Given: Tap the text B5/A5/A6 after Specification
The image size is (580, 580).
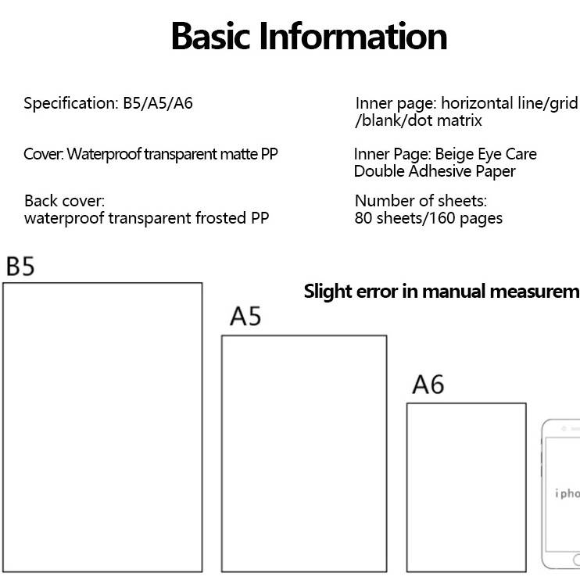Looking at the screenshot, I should tap(157, 103).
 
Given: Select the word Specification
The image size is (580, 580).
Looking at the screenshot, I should tap(70, 103).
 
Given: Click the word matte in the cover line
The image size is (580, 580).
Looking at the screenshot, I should tap(236, 153).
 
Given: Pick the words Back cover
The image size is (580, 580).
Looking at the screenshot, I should tap(64, 202).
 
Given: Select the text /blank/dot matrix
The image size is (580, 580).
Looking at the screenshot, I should tap(418, 120).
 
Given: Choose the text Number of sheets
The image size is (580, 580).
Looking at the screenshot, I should tap(421, 202).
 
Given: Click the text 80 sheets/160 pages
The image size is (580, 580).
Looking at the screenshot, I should tap(428, 218).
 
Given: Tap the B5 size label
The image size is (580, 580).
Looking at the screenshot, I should tap(20, 267).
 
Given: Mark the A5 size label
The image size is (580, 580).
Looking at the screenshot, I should tap(245, 317).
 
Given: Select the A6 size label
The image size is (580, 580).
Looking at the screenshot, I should tap(428, 385).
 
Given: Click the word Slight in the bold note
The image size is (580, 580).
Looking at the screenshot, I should tap(328, 292).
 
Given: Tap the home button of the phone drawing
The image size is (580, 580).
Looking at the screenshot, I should tap(575, 560).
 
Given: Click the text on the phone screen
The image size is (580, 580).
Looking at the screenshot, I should tap(567, 493).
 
